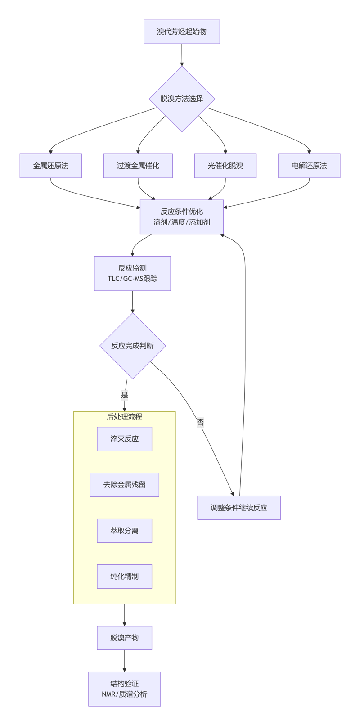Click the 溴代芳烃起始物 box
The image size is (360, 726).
tap(181, 32)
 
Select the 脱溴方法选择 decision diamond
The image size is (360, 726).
tap(182, 99)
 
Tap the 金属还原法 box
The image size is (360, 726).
tap(50, 166)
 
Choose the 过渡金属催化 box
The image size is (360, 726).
tap(138, 166)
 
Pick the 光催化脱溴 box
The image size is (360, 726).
tap(225, 166)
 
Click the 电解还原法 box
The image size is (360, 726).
tap(309, 166)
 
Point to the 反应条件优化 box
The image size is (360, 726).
tap(181, 217)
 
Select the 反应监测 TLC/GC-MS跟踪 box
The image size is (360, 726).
tap(132, 273)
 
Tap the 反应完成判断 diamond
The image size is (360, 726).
tap(132, 346)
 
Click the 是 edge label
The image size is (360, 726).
tap(125, 395)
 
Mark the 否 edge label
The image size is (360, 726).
tap(200, 423)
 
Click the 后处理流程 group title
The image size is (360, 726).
tap(124, 417)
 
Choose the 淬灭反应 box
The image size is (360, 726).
tap(124, 439)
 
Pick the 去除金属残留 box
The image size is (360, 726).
tap(124, 485)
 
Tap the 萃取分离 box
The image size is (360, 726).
tap(124, 531)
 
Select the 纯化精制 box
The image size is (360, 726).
tap(124, 577)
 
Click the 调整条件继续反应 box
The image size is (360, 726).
tap(238, 508)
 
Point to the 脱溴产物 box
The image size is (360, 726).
tap(124, 638)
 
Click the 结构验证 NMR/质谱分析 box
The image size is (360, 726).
tap(124, 689)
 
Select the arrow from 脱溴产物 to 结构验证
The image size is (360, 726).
tap(125, 660)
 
